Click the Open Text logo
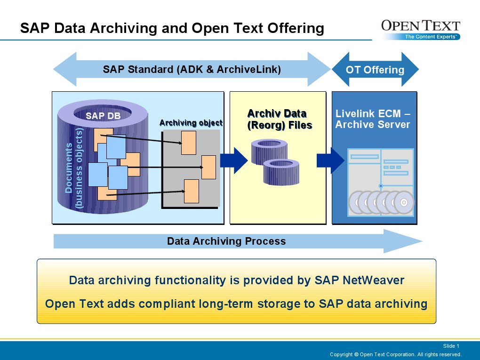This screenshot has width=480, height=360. pyautogui.click(x=420, y=30)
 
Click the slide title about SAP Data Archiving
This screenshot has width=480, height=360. pyautogui.click(x=172, y=29)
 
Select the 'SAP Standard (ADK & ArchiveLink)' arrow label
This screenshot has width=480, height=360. pyautogui.click(x=192, y=70)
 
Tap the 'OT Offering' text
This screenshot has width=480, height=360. pyautogui.click(x=375, y=70)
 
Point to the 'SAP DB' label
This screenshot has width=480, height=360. pyautogui.click(x=103, y=115)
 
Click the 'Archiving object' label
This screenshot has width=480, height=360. pyautogui.click(x=191, y=123)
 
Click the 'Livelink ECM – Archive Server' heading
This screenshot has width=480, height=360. pyautogui.click(x=373, y=119)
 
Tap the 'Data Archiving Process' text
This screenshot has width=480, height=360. pyautogui.click(x=226, y=241)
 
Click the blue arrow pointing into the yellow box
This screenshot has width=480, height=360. pyautogui.click(x=234, y=161)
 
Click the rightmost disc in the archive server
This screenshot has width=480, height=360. pyautogui.click(x=403, y=203)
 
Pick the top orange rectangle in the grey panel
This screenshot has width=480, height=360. pyautogui.click(x=189, y=143)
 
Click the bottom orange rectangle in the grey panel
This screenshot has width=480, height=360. pyautogui.click(x=192, y=191)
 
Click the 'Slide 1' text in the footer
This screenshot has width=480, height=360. pyautogui.click(x=451, y=346)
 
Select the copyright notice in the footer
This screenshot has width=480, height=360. pyautogui.click(x=395, y=354)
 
